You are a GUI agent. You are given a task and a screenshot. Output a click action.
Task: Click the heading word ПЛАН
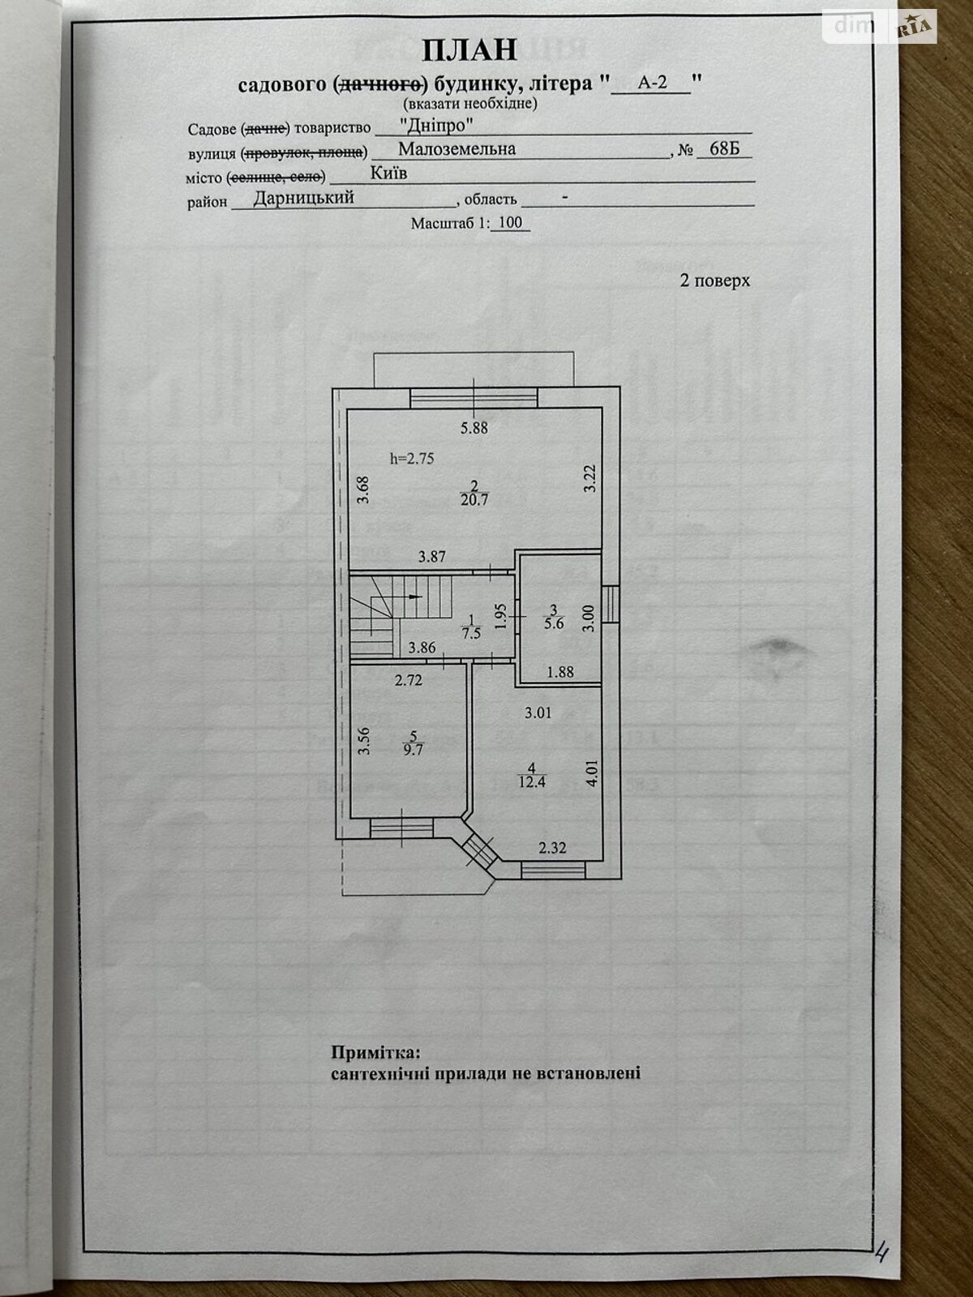point(469,50)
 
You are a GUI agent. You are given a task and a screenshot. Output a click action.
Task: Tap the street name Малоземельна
point(457,149)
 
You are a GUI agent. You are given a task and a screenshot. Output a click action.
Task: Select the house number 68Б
point(724,149)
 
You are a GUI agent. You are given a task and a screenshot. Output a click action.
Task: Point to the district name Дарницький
point(304,198)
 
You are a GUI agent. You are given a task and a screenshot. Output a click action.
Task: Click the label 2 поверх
point(714,280)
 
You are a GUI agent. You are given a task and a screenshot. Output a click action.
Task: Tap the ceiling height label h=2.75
point(412,458)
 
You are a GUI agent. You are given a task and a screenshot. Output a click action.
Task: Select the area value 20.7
point(474,500)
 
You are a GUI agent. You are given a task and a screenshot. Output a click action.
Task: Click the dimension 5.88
point(474,427)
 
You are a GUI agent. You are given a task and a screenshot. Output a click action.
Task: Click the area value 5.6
point(554,624)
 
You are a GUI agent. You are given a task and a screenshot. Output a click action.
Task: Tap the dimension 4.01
point(593,772)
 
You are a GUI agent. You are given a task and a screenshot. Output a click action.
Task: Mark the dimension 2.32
point(552,848)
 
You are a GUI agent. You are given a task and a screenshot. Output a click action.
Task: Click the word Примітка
point(376,1053)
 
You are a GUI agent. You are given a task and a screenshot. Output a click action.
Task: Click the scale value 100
point(511,223)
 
